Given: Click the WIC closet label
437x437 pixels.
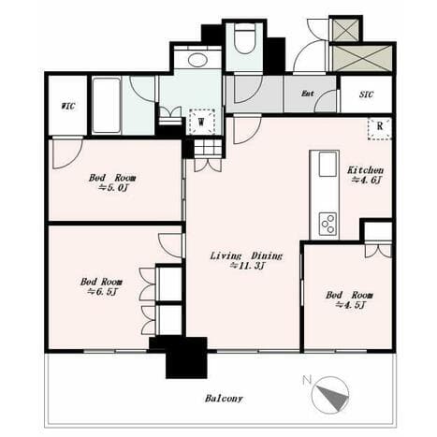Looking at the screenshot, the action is [x=68, y=107].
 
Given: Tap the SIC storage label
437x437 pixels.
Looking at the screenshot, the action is [x=366, y=95].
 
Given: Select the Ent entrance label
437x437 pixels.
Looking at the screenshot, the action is [x=307, y=94].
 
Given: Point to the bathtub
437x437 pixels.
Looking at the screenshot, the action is [x=107, y=106].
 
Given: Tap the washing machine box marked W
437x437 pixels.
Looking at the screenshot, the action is [x=202, y=122].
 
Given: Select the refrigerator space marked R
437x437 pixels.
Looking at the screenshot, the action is [x=379, y=128].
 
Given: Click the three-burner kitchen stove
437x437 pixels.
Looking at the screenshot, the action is [x=328, y=224].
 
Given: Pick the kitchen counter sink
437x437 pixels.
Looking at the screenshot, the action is [x=328, y=165].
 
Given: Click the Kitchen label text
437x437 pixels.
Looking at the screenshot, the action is [x=365, y=170].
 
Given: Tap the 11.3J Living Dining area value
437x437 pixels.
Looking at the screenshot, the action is [x=247, y=266].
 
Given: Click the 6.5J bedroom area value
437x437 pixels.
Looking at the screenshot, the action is [x=103, y=292].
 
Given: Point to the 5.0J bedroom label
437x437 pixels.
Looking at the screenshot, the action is [x=112, y=182].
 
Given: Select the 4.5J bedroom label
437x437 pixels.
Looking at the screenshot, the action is [x=349, y=299].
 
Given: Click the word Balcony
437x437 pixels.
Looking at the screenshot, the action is [x=224, y=399].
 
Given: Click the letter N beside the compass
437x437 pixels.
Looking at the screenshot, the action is [x=307, y=380].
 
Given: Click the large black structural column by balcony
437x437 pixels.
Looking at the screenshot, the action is [x=186, y=357].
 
